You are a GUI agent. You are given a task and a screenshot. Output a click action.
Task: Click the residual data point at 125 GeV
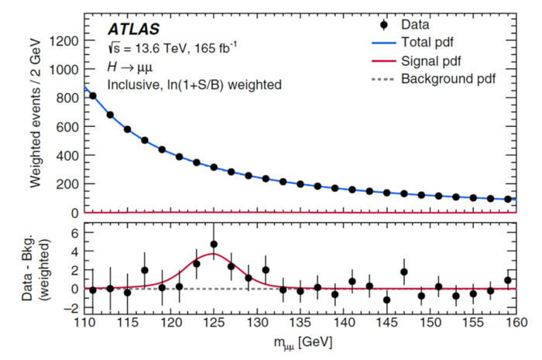pos(213,245)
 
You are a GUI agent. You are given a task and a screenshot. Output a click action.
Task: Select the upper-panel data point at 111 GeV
pos(93,96)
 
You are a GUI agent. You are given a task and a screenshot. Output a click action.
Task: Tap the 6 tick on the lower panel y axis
pos(76,233)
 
